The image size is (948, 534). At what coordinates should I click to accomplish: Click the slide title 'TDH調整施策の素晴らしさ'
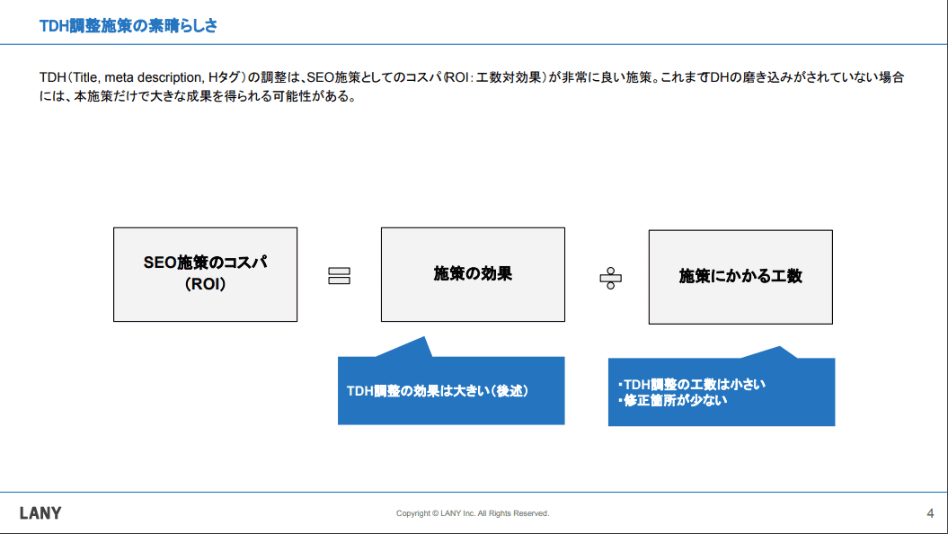(x=128, y=26)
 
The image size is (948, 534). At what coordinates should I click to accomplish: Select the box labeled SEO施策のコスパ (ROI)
(x=206, y=274)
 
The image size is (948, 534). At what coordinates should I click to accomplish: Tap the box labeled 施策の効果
(x=473, y=274)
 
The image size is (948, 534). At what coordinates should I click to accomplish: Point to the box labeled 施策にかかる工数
(x=740, y=277)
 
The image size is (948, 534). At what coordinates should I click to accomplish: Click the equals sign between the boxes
(x=339, y=276)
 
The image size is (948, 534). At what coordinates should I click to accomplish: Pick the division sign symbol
(x=611, y=278)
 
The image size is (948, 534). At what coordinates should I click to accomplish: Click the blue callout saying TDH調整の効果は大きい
(x=451, y=390)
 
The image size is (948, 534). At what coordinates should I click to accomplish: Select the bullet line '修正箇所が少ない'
(x=672, y=400)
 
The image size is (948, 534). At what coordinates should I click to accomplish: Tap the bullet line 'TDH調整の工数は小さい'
(x=692, y=385)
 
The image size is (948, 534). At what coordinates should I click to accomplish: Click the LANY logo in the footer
(x=40, y=513)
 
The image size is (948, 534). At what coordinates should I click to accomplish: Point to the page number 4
(x=930, y=513)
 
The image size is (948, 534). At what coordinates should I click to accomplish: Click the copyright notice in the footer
(x=473, y=513)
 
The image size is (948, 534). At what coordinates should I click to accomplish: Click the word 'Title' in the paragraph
(x=85, y=77)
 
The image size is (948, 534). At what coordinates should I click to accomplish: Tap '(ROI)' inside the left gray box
(x=206, y=283)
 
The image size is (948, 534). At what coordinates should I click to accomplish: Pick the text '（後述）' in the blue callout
(x=509, y=391)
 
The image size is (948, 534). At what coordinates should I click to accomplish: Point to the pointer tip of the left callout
(x=424, y=337)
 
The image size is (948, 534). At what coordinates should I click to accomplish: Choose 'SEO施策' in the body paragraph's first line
(x=333, y=77)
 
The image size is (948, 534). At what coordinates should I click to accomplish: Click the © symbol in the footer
(x=435, y=513)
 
